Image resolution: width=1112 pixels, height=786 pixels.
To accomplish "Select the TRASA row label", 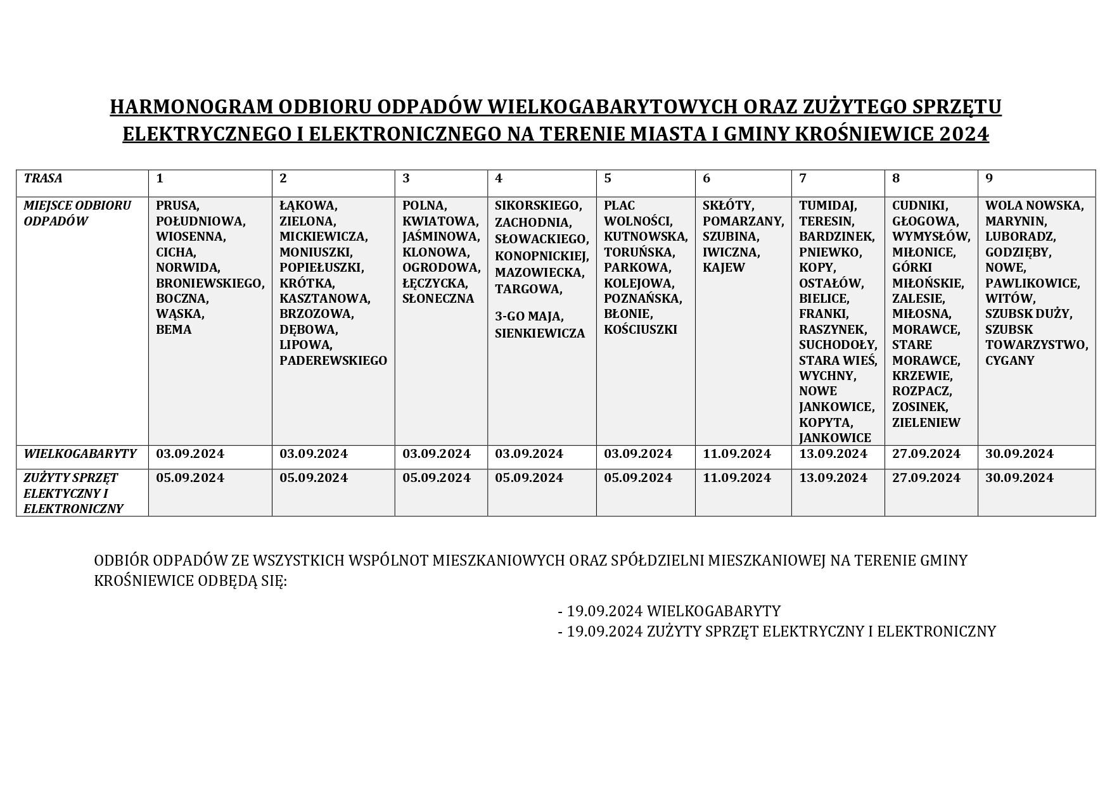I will [43, 179].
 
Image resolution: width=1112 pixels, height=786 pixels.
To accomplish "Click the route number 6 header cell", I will [706, 179].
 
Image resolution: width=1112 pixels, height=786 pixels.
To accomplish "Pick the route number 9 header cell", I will [989, 179].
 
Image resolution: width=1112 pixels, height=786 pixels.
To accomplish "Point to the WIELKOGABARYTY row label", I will [80, 454].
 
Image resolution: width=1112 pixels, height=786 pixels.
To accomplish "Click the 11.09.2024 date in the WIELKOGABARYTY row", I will [736, 454].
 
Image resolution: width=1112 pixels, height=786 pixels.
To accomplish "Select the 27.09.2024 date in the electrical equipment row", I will [926, 478].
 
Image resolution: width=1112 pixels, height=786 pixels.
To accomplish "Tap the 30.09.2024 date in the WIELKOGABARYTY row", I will [1019, 454].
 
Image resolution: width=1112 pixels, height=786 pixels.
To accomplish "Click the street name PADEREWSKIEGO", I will [333, 361].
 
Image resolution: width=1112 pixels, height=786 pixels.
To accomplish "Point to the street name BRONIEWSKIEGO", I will [210, 283].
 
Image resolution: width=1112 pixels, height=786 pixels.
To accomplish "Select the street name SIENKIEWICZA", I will [539, 333].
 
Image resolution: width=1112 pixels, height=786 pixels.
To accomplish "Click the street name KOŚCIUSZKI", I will [640, 330].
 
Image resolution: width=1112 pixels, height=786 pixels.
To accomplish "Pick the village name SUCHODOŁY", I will [838, 345].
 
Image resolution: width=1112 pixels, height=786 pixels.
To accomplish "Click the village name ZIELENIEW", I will [926, 422].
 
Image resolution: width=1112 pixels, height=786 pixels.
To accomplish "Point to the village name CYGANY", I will [1009, 361].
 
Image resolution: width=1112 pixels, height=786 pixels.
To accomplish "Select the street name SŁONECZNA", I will [438, 299].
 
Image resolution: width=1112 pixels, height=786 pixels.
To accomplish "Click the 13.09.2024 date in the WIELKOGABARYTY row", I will [833, 454].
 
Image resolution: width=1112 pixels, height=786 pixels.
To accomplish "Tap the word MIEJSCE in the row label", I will [48, 206].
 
